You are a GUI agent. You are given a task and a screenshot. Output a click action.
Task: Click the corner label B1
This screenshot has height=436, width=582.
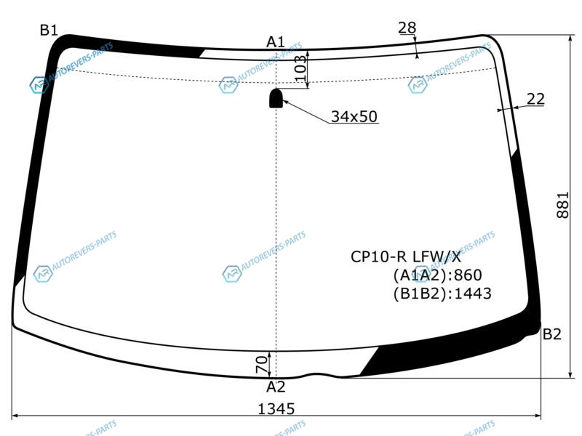(49, 30)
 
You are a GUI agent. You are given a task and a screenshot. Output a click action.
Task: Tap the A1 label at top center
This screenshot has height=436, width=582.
(276, 42)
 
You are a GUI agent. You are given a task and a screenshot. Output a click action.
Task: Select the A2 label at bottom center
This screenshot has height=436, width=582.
(276, 387)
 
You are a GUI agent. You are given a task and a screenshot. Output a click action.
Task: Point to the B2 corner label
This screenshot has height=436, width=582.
(551, 334)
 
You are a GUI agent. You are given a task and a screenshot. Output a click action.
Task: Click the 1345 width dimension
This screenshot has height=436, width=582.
(276, 409)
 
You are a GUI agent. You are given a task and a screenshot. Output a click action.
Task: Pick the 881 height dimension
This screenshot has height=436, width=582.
(562, 205)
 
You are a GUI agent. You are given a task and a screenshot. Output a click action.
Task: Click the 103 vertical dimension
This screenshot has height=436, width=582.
(300, 68)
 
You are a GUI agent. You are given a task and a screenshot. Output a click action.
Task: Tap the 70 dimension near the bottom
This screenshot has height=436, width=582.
(262, 364)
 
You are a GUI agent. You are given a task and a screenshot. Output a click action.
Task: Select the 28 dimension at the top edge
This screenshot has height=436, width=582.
(407, 28)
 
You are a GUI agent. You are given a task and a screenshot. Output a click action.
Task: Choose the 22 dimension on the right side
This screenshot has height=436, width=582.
(535, 99)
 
